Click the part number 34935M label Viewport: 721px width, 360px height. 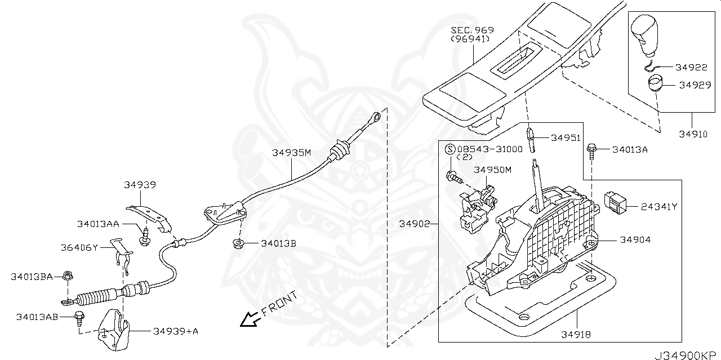tap(292, 153)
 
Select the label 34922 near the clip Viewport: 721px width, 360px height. tap(692, 67)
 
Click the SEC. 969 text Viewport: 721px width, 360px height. tap(473, 30)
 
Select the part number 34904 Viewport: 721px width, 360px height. tap(635, 239)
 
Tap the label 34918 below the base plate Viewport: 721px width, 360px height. tap(576, 334)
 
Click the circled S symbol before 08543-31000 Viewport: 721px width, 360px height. tap(450, 149)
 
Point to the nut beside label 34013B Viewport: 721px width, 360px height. tap(238, 243)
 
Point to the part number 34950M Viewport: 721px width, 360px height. tap(492, 169)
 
